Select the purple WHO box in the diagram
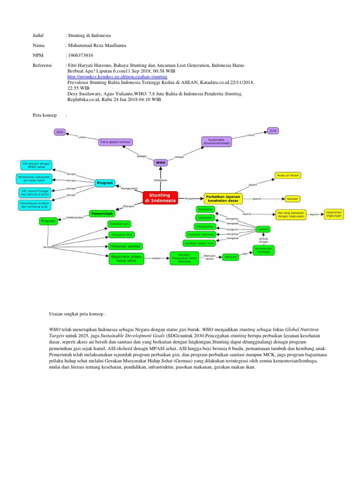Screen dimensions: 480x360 pyautogui.click(x=161, y=163)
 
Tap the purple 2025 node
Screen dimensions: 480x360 pyautogui.click(x=60, y=132)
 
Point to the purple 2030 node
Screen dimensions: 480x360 pyautogui.click(x=273, y=130)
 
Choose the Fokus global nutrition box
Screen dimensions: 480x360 pyautogui.click(x=115, y=142)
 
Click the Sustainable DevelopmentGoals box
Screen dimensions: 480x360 pyautogui.click(x=217, y=142)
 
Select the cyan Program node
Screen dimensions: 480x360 pyautogui.click(x=105, y=183)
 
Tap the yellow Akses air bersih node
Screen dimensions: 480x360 pyautogui.click(x=288, y=176)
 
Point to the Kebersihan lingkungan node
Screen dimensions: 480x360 pyautogui.click(x=334, y=214)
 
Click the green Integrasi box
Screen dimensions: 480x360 pyautogui.click(x=230, y=257)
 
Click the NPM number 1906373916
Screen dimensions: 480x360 pyautogui.click(x=80, y=55)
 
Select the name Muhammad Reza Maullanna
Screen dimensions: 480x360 pyautogui.click(x=97, y=45)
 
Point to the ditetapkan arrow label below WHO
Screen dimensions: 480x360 pyautogui.click(x=160, y=180)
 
